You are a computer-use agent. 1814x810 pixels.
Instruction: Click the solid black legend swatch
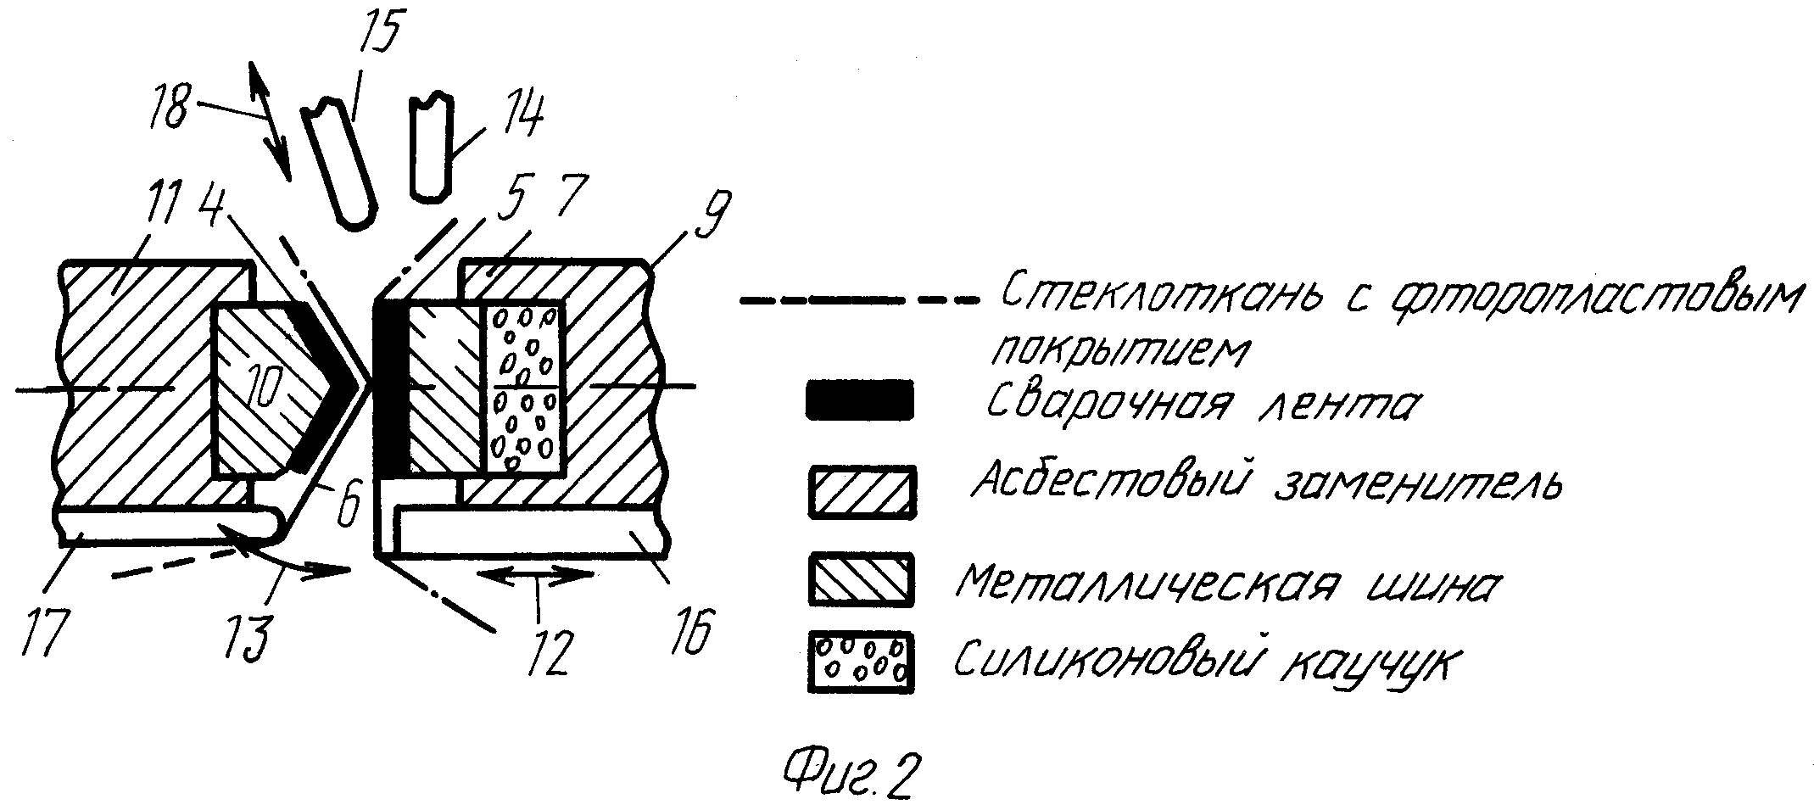(859, 399)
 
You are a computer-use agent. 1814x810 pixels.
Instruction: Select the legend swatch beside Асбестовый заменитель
(862, 491)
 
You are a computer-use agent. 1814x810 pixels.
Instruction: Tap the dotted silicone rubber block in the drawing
(524, 387)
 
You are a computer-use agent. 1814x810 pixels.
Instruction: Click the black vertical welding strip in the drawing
(390, 389)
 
